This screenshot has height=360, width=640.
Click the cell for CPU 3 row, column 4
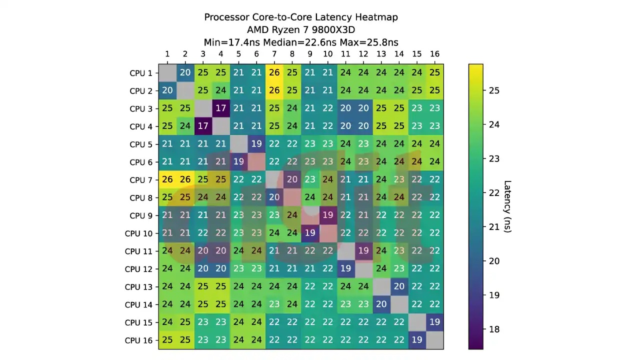coord(220,108)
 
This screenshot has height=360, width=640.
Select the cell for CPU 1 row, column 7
coord(274,73)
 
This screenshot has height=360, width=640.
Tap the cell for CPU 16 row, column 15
coord(416,340)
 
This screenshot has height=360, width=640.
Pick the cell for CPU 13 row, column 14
coord(398,286)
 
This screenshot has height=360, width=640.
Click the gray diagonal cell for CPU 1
coord(167,73)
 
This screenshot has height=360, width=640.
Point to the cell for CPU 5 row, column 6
coord(256,144)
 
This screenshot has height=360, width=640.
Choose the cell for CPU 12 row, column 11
coord(345,268)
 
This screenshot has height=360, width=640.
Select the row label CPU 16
coord(138,340)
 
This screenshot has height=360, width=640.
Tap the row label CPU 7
coord(140,180)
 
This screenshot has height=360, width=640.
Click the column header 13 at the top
coord(381,54)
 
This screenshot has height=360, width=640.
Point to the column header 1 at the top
coord(167,54)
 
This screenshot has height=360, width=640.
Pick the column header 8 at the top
coord(292,54)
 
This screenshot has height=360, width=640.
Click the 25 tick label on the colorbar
coord(494,90)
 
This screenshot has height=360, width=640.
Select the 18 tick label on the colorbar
coord(494,329)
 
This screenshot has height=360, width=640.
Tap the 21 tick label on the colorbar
coord(494,227)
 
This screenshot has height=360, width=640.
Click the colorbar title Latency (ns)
coord(507,206)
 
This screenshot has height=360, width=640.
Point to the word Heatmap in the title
coord(376,17)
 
